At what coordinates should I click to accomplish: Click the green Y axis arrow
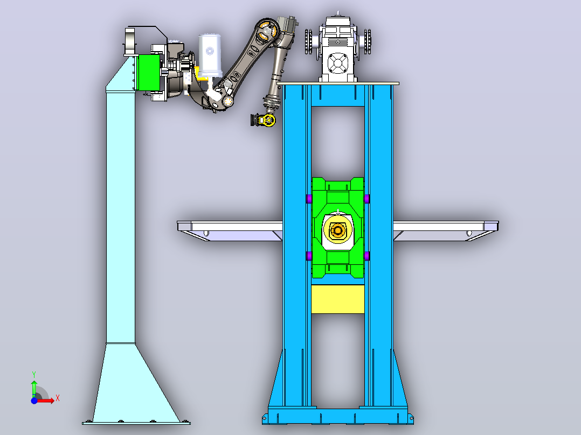tap(34, 388)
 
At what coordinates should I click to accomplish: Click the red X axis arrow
tap(45, 401)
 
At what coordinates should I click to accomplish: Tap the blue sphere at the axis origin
tap(34, 401)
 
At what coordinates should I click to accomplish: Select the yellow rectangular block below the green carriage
tap(337, 299)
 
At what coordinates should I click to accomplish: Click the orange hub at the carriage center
tap(337, 230)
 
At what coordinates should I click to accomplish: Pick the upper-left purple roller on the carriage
tap(309, 199)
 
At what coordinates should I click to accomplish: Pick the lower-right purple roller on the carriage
tap(366, 256)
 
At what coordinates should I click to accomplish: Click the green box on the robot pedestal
tap(149, 73)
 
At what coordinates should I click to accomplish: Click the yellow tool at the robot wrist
tap(264, 120)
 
